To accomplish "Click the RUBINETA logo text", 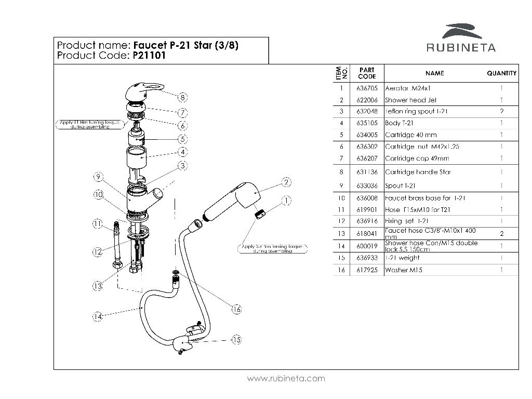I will pyautogui.click(x=461, y=48).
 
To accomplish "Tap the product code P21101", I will pyautogui.click(x=149, y=56).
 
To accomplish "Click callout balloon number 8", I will pyautogui.click(x=182, y=97).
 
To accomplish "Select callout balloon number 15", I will pyautogui.click(x=236, y=340).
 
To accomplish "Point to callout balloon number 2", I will pyautogui.click(x=286, y=182).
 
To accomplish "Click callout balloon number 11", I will pyautogui.click(x=98, y=224).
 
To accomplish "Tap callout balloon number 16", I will pyautogui.click(x=236, y=309).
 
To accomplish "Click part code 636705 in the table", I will pyautogui.click(x=367, y=88).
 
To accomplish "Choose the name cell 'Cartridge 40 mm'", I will pyautogui.click(x=410, y=135).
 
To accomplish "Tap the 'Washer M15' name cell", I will pyautogui.click(x=403, y=270).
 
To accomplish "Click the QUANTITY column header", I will pyautogui.click(x=501, y=73).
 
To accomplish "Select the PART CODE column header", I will pyautogui.click(x=367, y=73).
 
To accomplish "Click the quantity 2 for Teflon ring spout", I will pyautogui.click(x=501, y=111).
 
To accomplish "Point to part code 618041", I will pyautogui.click(x=367, y=234).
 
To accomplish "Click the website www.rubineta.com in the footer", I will pyautogui.click(x=286, y=378).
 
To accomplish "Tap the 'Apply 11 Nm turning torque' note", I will pyautogui.click(x=89, y=124).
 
